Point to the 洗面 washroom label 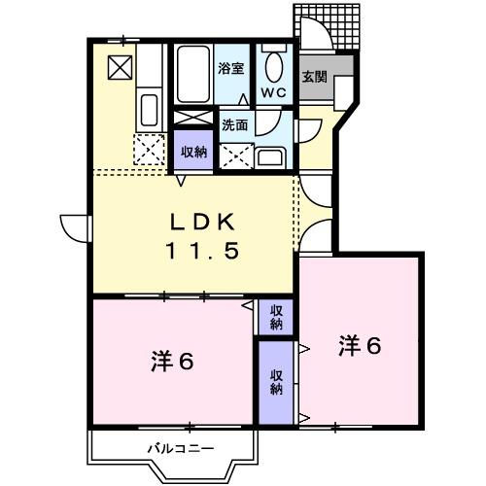coord(233,124)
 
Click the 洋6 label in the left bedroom coord(172,362)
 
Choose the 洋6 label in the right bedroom coord(360,344)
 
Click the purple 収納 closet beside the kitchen coord(193,152)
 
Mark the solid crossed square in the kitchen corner coord(120,66)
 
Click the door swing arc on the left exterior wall coord(73,226)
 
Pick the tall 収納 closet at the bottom coord(276,382)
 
